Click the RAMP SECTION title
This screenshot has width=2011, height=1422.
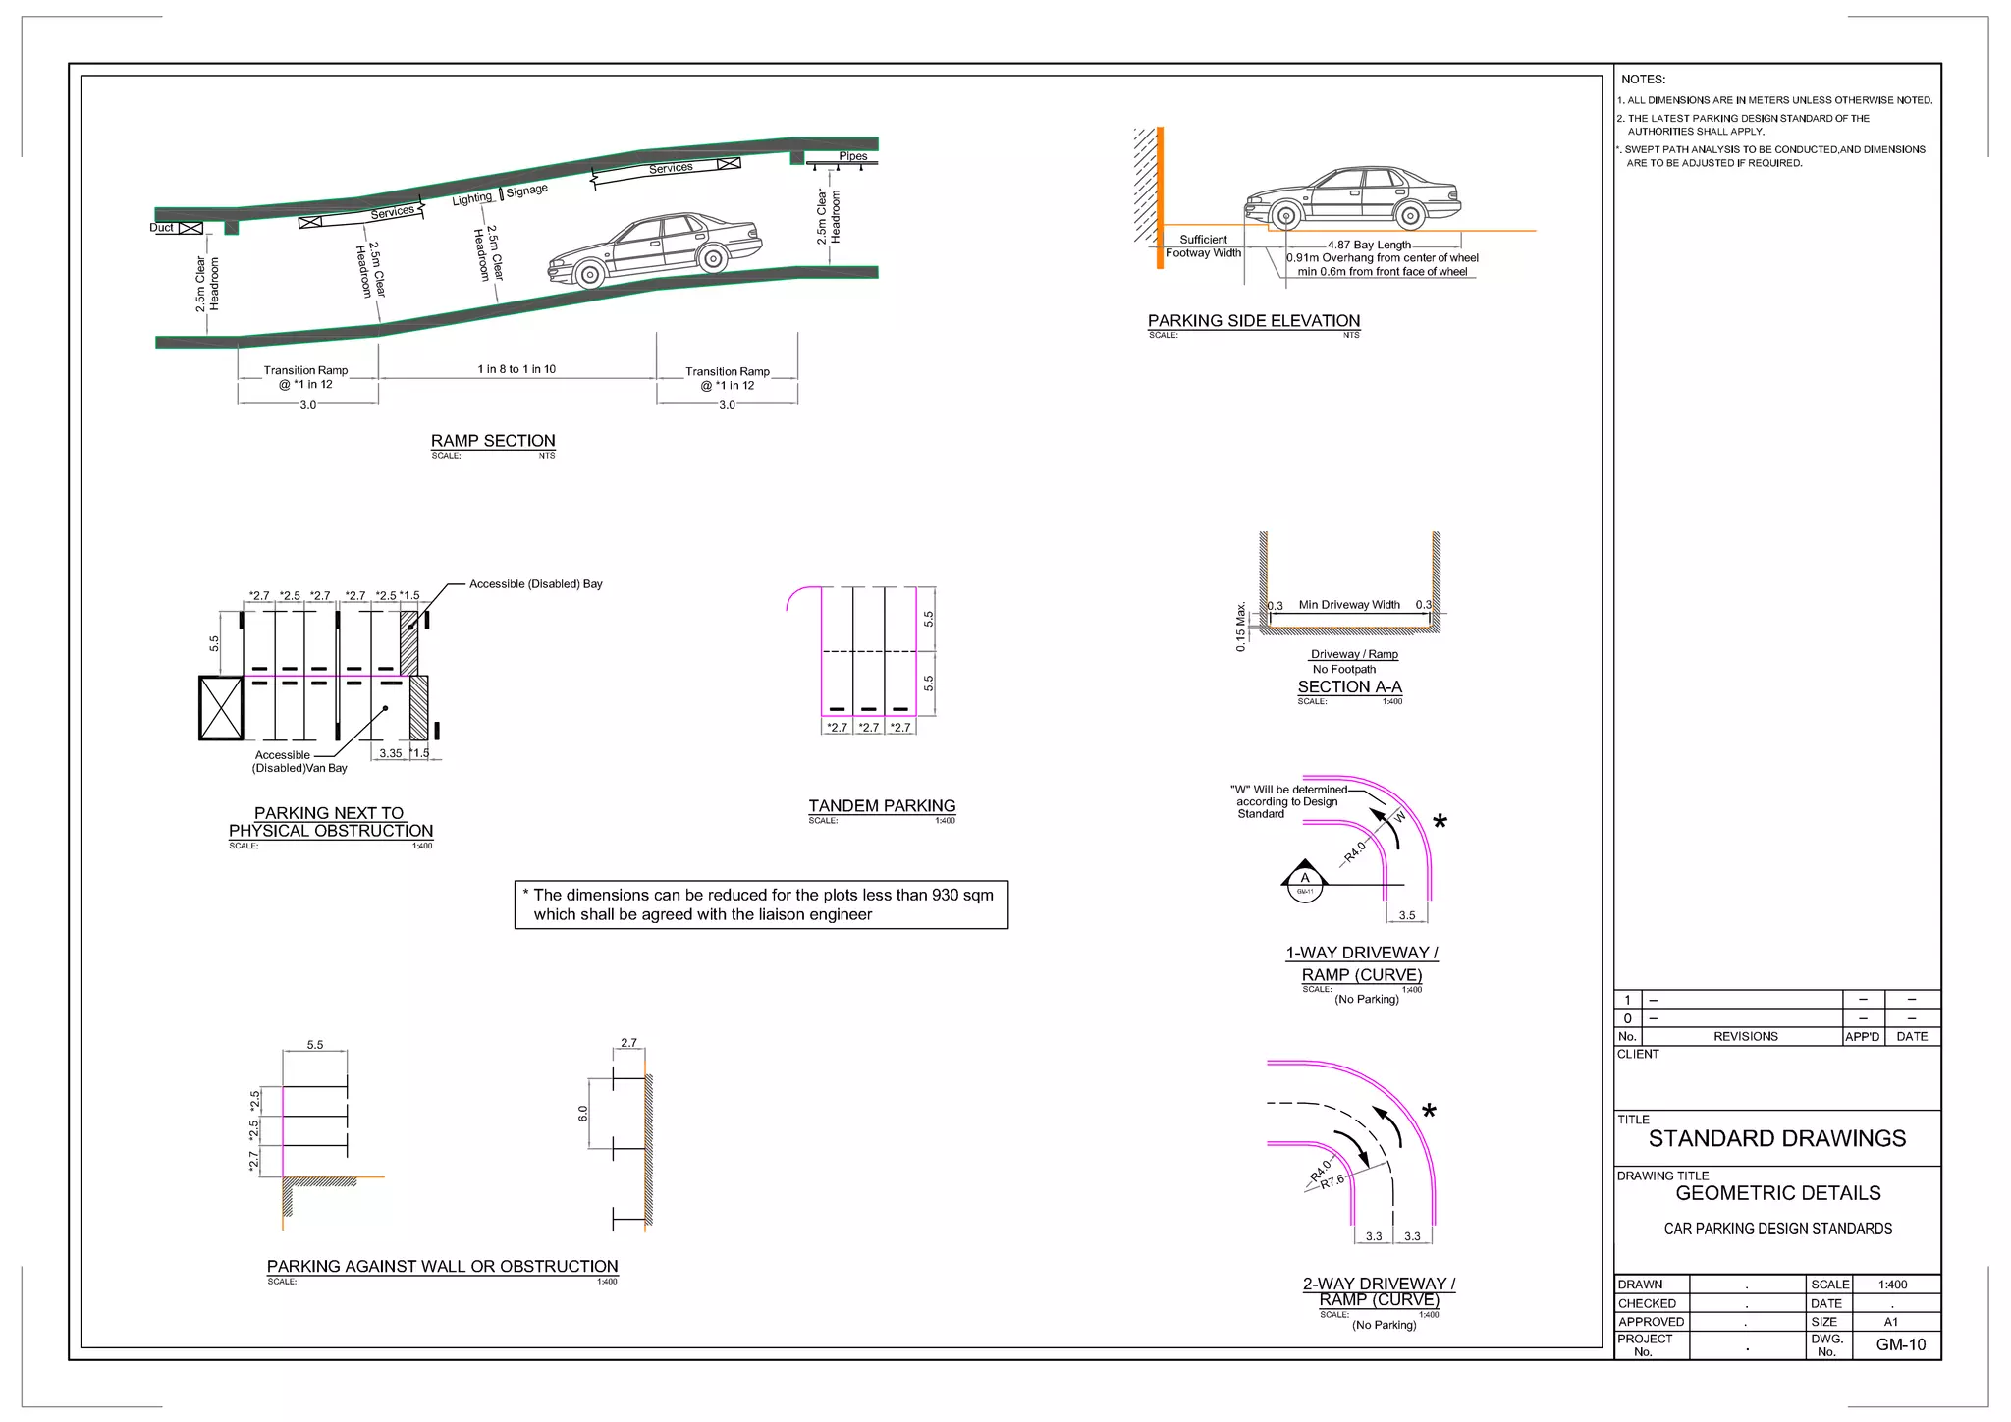(x=493, y=441)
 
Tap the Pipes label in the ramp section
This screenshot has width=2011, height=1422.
(x=852, y=156)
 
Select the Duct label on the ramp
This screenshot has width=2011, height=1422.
(x=161, y=228)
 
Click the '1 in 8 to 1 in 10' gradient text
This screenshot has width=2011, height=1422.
(x=516, y=369)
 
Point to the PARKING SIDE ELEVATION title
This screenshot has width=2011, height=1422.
(x=1254, y=321)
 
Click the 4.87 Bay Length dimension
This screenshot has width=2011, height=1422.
(x=1369, y=245)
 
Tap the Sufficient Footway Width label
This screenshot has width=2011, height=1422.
(x=1203, y=246)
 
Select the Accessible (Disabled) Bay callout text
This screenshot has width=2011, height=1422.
(x=535, y=584)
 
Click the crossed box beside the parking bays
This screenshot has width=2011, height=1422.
(x=221, y=707)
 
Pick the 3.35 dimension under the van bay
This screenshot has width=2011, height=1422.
(x=391, y=753)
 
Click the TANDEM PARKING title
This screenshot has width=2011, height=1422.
(x=882, y=806)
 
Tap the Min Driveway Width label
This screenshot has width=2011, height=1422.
(x=1349, y=605)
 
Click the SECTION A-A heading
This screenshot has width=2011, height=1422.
(x=1349, y=687)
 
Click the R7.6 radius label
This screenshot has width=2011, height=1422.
(x=1332, y=1182)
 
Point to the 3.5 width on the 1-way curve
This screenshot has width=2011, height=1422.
(x=1407, y=915)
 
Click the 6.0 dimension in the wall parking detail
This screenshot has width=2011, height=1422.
(x=582, y=1114)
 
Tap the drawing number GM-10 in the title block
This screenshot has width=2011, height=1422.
(x=1900, y=1345)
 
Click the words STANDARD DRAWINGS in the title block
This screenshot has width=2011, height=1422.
(x=1776, y=1139)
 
